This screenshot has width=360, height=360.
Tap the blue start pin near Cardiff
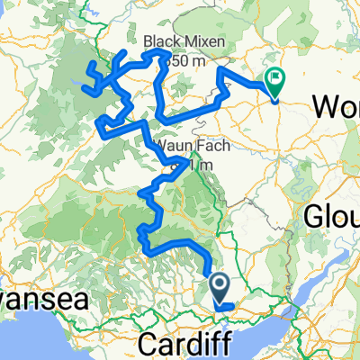click(220, 288)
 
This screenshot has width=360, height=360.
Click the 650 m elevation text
click(187, 59)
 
